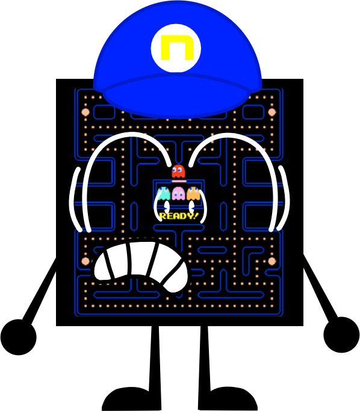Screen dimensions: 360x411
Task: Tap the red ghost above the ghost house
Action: coord(178,171)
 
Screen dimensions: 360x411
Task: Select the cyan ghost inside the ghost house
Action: coord(164,193)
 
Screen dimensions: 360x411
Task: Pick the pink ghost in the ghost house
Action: coord(179,193)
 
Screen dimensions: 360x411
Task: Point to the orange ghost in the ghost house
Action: coord(193,193)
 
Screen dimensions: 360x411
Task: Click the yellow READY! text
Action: coord(179,216)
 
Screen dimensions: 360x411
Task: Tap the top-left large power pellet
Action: coord(85,112)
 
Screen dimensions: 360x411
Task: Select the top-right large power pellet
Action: coord(272,112)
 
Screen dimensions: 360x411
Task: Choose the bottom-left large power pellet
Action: coord(85,261)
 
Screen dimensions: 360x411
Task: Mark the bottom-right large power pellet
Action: coord(272,261)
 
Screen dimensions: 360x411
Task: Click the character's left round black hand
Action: coord(18,337)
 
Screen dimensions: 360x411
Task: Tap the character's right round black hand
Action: coord(341,335)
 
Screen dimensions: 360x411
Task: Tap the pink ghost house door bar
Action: coord(179,181)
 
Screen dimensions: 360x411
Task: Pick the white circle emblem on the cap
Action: coord(176,48)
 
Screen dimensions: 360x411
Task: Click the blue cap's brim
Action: coord(176,96)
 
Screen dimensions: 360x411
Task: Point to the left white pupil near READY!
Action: coord(167,207)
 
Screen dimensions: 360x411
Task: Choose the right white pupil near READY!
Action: coord(191,207)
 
